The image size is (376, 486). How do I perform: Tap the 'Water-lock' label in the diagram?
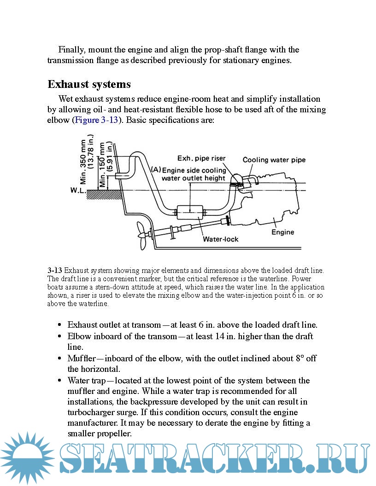221,239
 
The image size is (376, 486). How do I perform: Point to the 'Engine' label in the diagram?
282,232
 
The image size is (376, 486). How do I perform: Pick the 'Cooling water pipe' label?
274,160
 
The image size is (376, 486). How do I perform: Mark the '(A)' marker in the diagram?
156,169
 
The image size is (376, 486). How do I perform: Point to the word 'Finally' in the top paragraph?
70,50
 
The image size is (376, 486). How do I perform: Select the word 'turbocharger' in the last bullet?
92,412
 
